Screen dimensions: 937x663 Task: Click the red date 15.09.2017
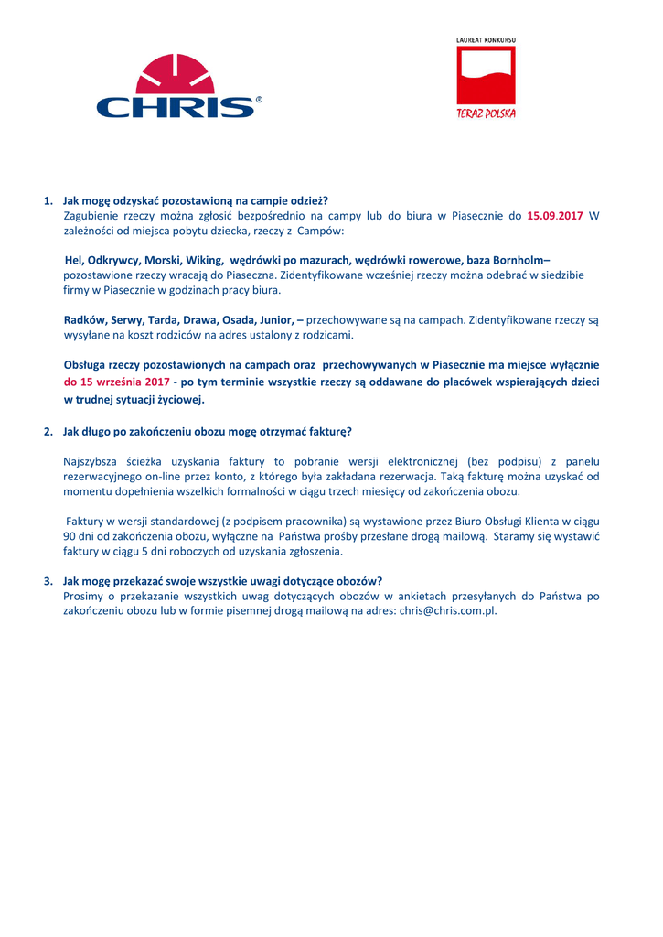555,216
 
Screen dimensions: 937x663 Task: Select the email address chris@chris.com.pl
447,610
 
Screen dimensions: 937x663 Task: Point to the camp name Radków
85,320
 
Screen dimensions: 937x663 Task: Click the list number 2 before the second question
48,431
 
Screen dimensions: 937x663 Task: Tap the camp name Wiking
204,260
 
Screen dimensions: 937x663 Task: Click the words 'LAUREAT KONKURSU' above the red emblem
486,40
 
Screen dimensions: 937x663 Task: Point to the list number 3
48,581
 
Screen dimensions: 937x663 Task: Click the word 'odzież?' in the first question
307,201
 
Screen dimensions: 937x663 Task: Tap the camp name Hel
74,260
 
